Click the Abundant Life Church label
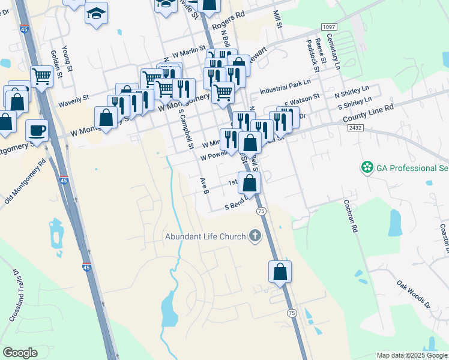click(x=205, y=236)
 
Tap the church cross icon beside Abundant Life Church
click(x=255, y=236)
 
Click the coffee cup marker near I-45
click(x=37, y=130)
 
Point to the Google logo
click(x=20, y=353)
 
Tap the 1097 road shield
click(x=329, y=27)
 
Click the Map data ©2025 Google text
click(x=411, y=355)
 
